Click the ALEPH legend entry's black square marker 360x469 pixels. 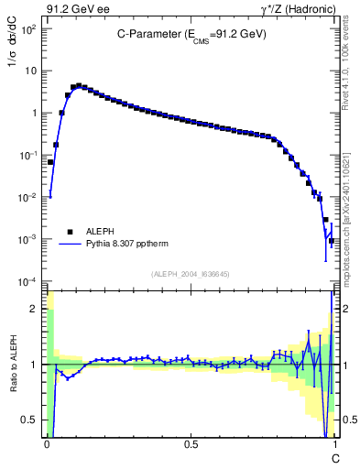coord(69,232)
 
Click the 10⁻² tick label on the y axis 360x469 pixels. coord(28,197)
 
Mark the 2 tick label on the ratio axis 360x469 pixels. coord(36,309)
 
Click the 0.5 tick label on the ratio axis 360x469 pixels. coord(30,420)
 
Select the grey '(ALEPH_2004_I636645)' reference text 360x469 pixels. coord(191,273)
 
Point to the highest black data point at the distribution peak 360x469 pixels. coord(79,86)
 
